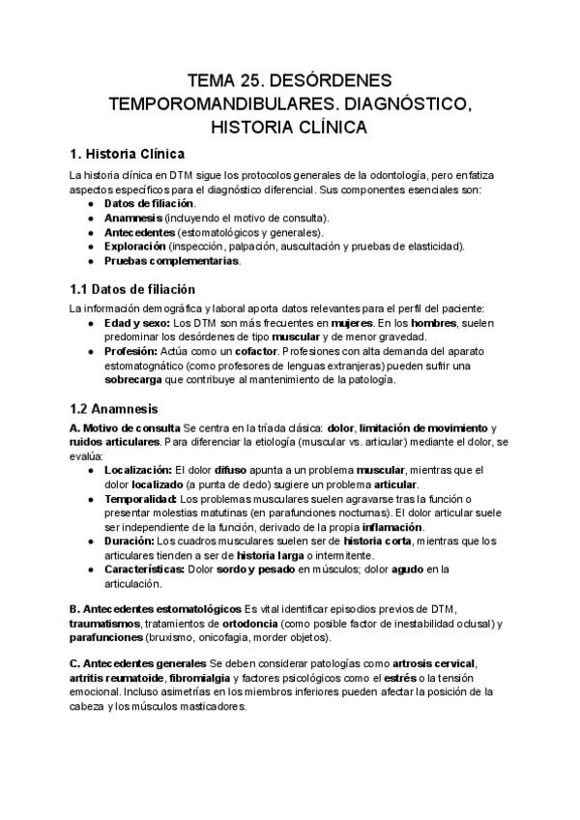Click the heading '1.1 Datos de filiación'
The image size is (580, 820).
coord(132,289)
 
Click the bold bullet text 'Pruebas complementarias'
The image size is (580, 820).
coord(171,260)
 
